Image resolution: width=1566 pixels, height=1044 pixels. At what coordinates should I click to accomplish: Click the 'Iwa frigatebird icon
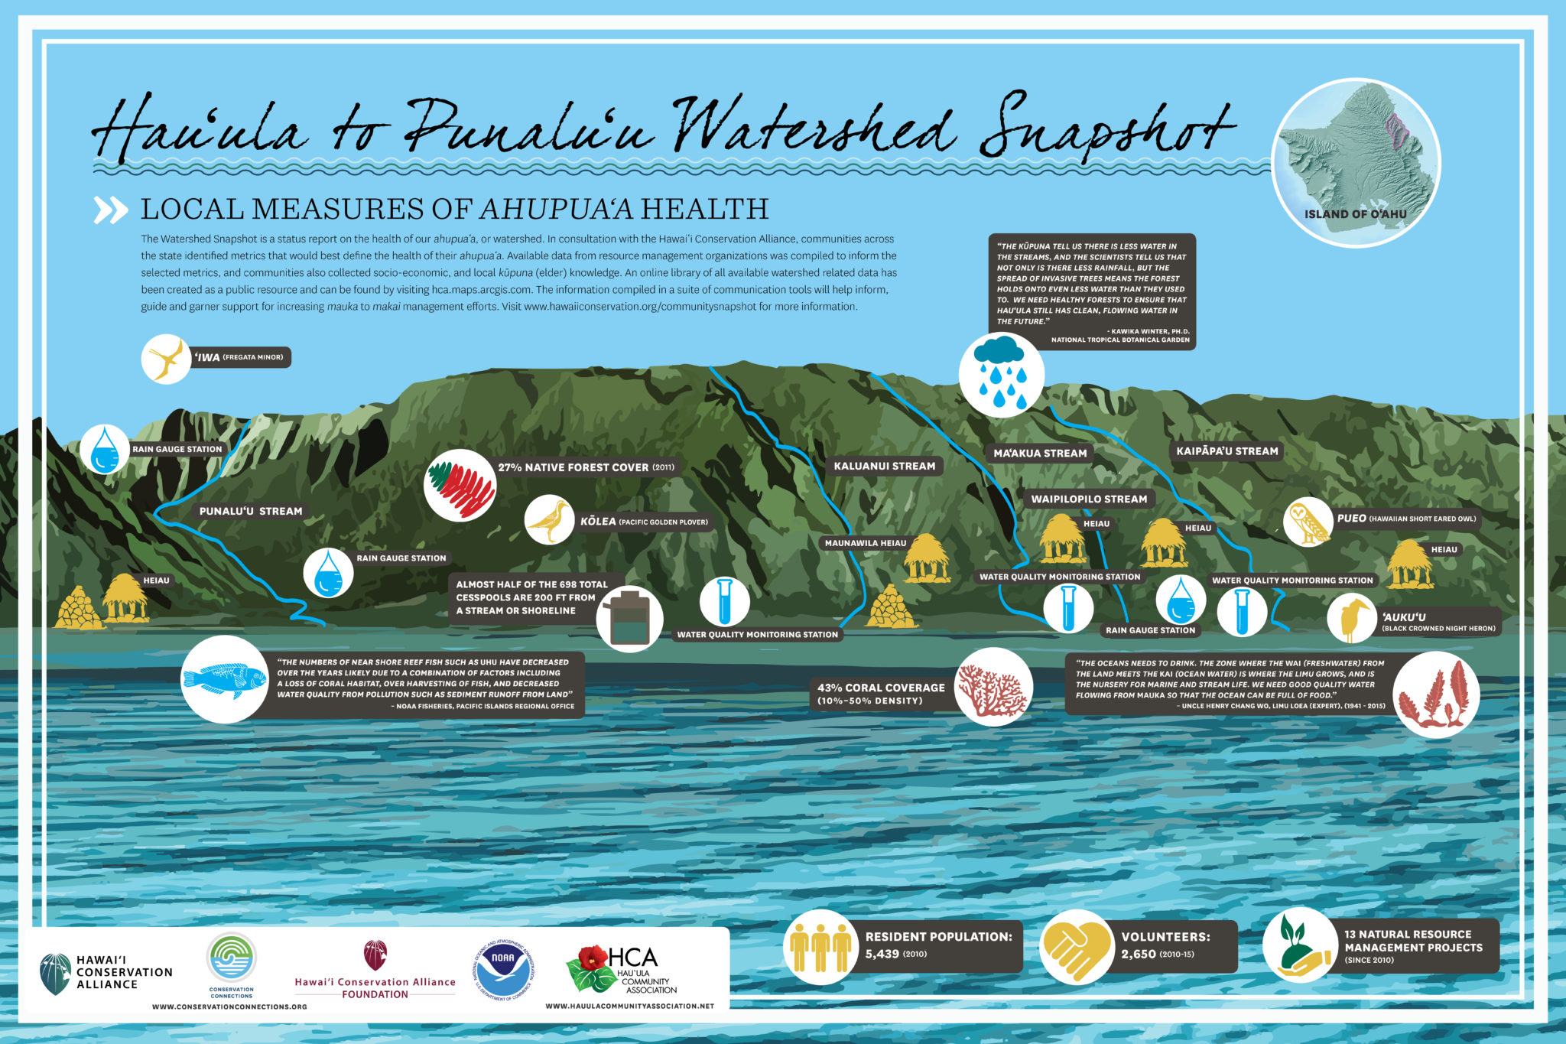(x=166, y=358)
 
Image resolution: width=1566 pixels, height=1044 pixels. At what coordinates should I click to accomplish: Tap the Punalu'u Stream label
(x=251, y=511)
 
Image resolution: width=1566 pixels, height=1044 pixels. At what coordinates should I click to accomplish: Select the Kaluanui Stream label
(x=884, y=466)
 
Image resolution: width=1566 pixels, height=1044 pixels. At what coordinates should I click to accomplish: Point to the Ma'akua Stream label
(x=1039, y=454)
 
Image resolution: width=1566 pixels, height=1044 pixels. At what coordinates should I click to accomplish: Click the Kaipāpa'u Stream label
(x=1226, y=451)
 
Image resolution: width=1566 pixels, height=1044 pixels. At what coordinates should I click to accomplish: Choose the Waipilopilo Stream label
(x=1088, y=499)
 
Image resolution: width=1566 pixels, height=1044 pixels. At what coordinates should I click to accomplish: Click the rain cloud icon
(x=1001, y=374)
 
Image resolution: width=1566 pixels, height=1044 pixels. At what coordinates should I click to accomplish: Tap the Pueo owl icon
(x=1308, y=522)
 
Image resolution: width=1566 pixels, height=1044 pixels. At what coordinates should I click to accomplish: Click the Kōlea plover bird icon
(x=549, y=520)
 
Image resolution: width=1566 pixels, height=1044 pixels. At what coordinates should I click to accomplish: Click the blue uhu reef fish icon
(x=225, y=679)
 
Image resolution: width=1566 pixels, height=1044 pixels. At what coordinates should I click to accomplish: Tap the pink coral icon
(x=993, y=687)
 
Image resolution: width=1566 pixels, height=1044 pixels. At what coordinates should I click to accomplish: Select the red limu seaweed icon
(x=1435, y=694)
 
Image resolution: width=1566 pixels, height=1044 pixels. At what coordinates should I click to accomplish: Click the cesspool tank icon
(x=629, y=619)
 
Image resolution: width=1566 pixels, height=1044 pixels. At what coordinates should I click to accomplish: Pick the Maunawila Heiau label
(x=865, y=543)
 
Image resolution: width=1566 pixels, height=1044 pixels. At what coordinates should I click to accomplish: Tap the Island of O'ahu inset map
(x=1356, y=162)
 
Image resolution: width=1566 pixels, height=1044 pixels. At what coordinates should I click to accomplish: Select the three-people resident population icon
(x=820, y=947)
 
